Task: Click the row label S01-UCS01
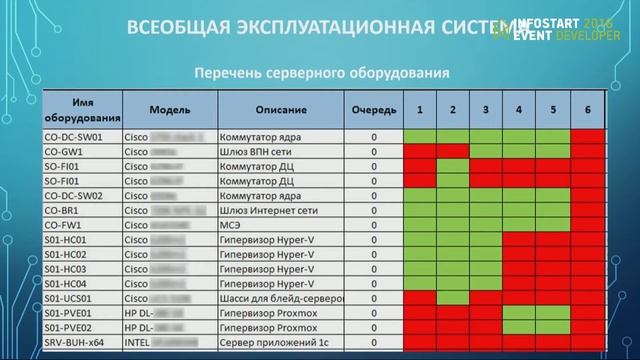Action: [70, 298]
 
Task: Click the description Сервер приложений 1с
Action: [280, 342]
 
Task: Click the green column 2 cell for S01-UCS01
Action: [453, 298]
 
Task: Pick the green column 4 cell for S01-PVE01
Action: [519, 313]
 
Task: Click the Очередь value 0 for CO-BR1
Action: [373, 211]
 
